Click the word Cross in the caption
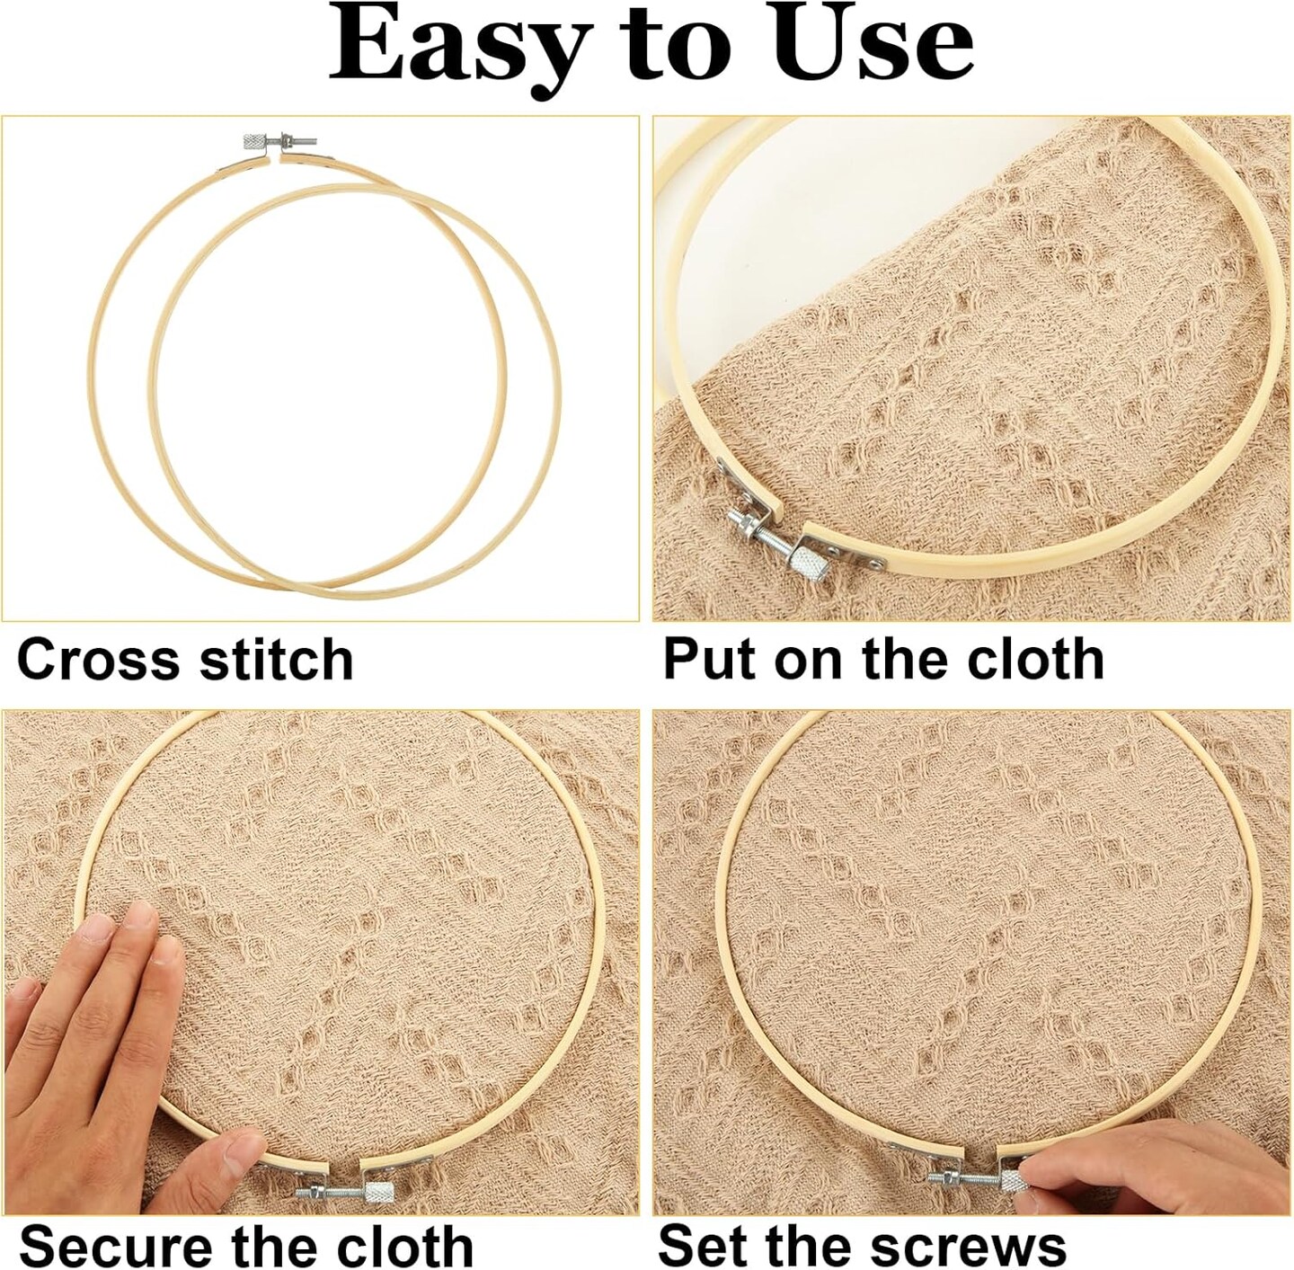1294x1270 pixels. (x=99, y=659)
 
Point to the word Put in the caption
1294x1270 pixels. (x=713, y=659)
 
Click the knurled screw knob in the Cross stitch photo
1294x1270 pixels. (x=254, y=142)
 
